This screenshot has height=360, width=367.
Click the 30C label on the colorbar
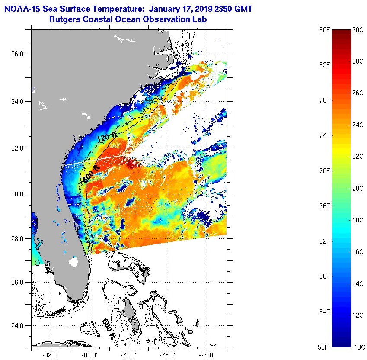tap(358, 30)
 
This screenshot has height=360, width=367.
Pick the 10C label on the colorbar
tap(358, 347)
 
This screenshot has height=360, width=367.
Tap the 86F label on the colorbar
tap(324, 30)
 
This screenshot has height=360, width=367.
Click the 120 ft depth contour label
tap(107, 138)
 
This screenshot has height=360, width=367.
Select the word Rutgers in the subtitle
tap(64, 19)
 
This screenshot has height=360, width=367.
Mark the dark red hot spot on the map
tap(131, 164)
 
